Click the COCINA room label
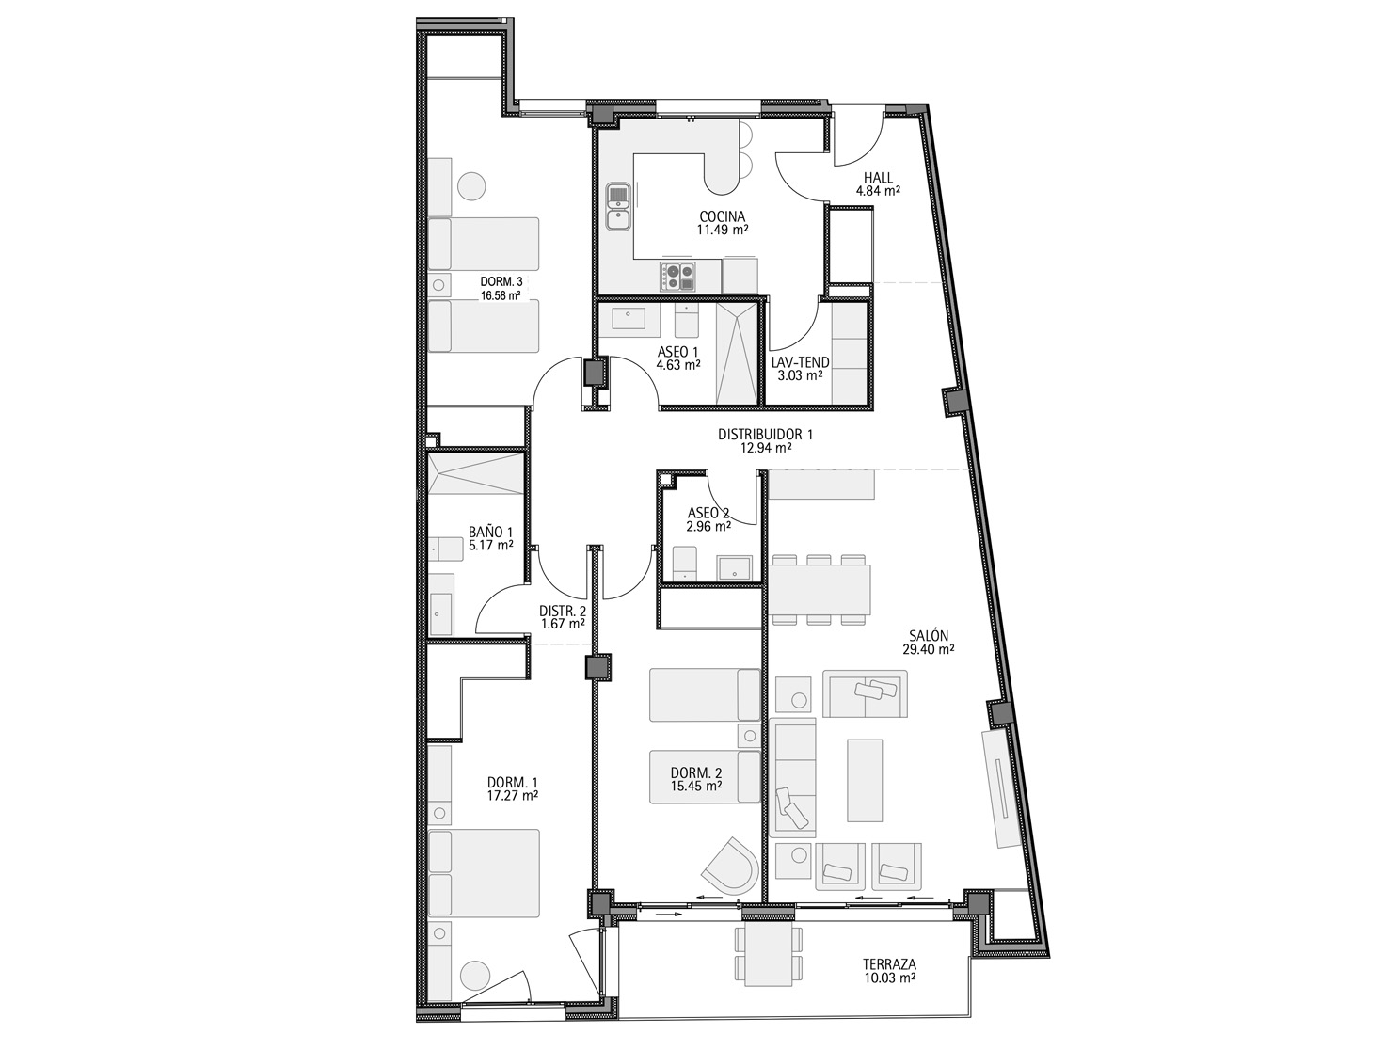722,217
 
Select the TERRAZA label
890,964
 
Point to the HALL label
878,178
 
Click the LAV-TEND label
800,362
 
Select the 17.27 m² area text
513,796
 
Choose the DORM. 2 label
696,773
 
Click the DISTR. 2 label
563,611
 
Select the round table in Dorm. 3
471,187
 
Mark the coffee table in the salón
865,781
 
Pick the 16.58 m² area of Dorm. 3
501,294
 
